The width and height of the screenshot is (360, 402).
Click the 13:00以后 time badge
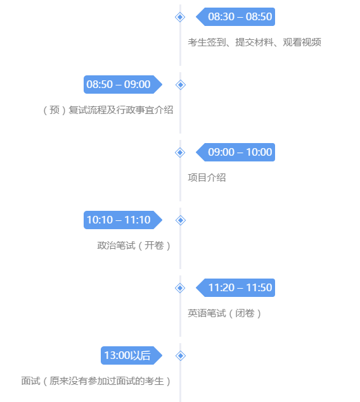pyautogui.click(x=127, y=355)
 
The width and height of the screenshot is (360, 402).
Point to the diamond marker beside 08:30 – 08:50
pyautogui.click(x=180, y=16)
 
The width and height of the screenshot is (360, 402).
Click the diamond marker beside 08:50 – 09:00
pyautogui.click(x=180, y=84)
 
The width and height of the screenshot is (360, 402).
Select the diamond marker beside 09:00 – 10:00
pyautogui.click(x=180, y=152)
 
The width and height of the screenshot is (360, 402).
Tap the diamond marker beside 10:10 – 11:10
pyautogui.click(x=180, y=220)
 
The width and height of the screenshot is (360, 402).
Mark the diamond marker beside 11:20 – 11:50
pyautogui.click(x=180, y=287)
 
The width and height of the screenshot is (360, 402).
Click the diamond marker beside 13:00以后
pyautogui.click(x=180, y=355)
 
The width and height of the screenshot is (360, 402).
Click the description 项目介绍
pyautogui.click(x=207, y=177)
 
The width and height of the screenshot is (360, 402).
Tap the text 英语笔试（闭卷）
pyautogui.click(x=225, y=313)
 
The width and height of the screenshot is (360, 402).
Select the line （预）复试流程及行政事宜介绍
pyautogui.click(x=108, y=110)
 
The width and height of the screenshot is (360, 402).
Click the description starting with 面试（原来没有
pyautogui.click(x=96, y=381)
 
